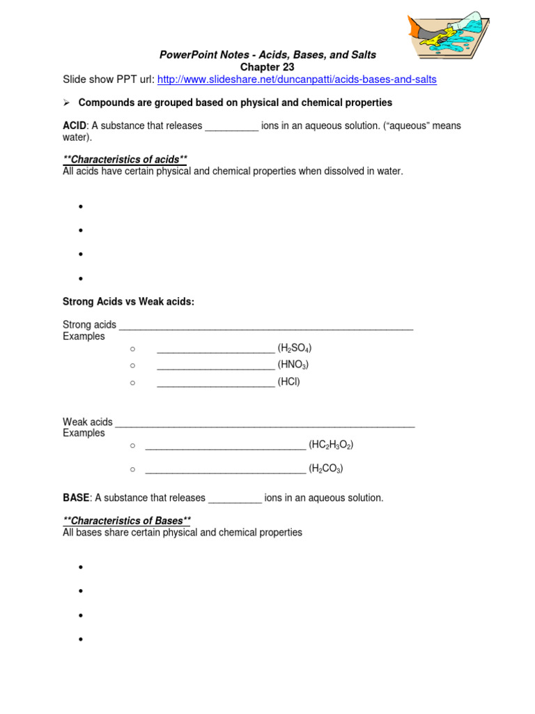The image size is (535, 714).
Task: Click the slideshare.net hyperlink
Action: tap(297, 79)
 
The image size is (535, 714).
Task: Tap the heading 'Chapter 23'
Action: tap(267, 67)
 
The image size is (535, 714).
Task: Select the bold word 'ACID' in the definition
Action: tap(75, 126)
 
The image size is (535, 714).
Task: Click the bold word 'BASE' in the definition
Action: tap(76, 498)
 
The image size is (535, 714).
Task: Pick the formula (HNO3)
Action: tap(293, 365)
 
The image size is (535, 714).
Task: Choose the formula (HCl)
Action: tap(289, 381)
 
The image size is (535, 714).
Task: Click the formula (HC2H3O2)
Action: tap(326, 445)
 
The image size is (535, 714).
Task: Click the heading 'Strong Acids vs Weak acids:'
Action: tap(128, 301)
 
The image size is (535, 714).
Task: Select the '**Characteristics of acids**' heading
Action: tap(125, 160)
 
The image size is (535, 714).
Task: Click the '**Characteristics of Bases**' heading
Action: tap(127, 521)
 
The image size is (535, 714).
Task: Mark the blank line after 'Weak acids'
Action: tap(265, 423)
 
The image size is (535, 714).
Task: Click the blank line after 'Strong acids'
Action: tap(266, 326)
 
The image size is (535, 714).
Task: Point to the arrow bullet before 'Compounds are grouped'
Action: tap(67, 103)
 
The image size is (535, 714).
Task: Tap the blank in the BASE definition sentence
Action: tap(235, 499)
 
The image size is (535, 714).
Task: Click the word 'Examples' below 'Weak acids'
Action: tap(84, 433)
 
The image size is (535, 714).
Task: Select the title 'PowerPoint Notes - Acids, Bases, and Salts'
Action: tap(267, 54)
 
